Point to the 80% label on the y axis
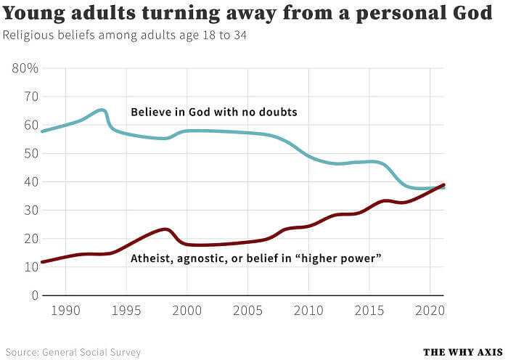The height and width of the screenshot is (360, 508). (25, 68)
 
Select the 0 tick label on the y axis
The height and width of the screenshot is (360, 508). (33, 295)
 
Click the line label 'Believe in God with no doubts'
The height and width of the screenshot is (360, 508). (214, 112)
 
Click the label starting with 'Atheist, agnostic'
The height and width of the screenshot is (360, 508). (256, 258)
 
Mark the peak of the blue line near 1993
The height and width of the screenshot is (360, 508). (102, 110)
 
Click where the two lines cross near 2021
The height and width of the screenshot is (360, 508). (440, 187)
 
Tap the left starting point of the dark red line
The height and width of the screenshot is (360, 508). (43, 262)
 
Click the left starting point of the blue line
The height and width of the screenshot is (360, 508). (43, 131)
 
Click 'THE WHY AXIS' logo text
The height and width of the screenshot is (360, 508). (462, 352)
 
